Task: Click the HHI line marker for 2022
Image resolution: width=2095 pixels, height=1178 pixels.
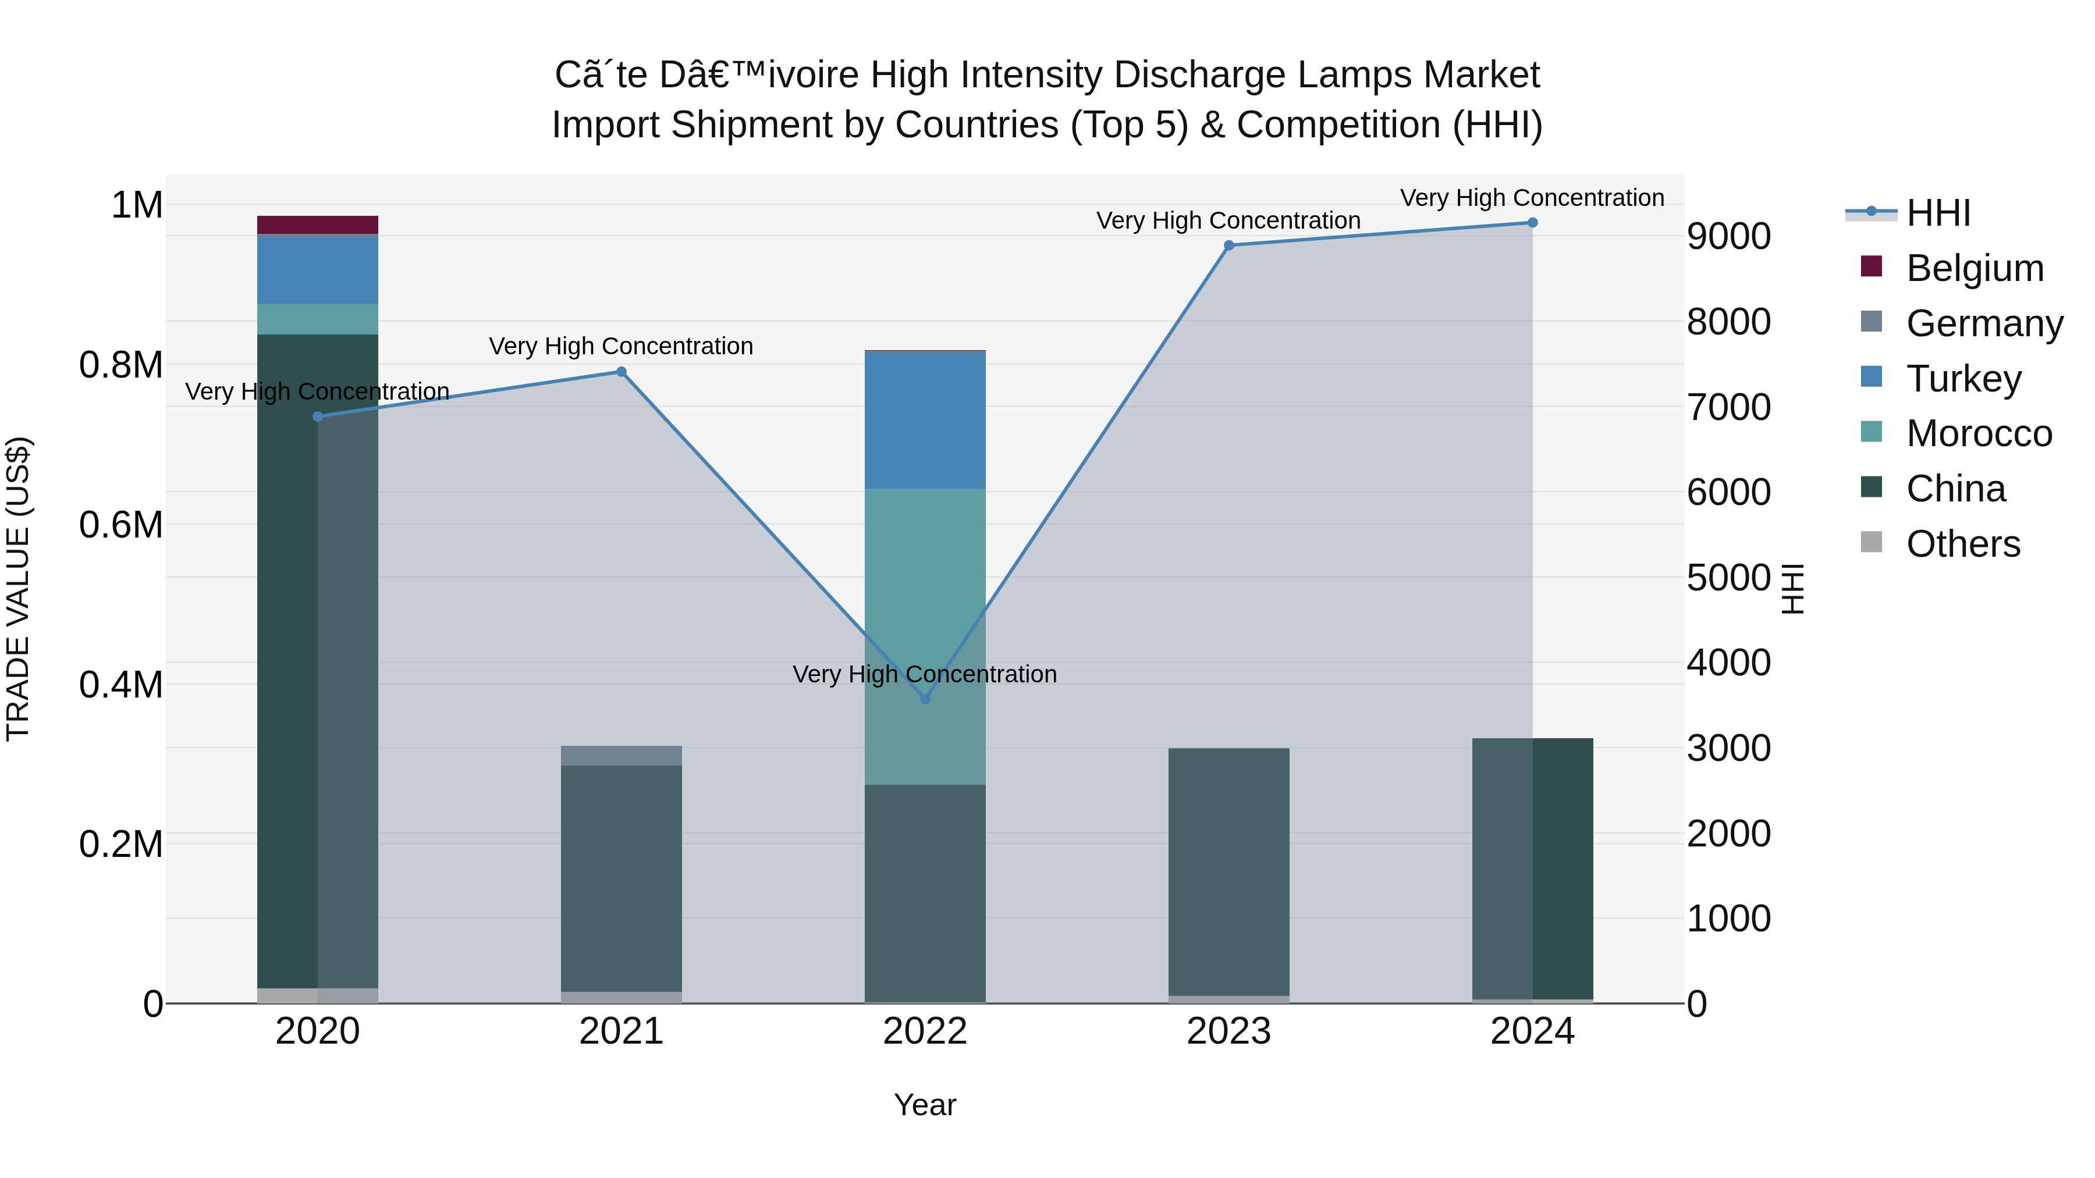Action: [x=925, y=698]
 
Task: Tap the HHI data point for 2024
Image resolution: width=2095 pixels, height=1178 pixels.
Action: [x=1532, y=223]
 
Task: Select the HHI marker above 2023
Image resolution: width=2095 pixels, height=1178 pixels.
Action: [x=1229, y=245]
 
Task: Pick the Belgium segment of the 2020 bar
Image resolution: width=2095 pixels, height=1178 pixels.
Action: [x=317, y=225]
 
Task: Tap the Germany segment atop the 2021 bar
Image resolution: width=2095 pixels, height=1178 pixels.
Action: [x=622, y=755]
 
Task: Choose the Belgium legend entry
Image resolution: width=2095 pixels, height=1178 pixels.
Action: [x=1974, y=268]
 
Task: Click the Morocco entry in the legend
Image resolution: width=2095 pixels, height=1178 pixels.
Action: [x=1978, y=433]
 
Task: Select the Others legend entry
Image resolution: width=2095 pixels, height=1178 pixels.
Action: [x=1962, y=544]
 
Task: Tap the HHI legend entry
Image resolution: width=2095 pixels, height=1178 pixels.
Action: [x=1937, y=213]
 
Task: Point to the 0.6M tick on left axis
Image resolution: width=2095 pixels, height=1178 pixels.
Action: [x=121, y=525]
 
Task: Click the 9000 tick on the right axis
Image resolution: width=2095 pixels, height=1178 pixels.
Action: [x=1728, y=237]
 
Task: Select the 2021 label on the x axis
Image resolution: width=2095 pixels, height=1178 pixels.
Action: [x=622, y=1031]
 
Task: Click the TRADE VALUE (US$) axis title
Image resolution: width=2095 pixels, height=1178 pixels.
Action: [x=19, y=589]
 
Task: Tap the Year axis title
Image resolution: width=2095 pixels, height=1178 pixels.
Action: [x=925, y=1105]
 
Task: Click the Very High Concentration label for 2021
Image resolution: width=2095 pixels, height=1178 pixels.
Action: [x=622, y=346]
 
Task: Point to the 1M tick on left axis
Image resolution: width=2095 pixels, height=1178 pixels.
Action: [x=137, y=205]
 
